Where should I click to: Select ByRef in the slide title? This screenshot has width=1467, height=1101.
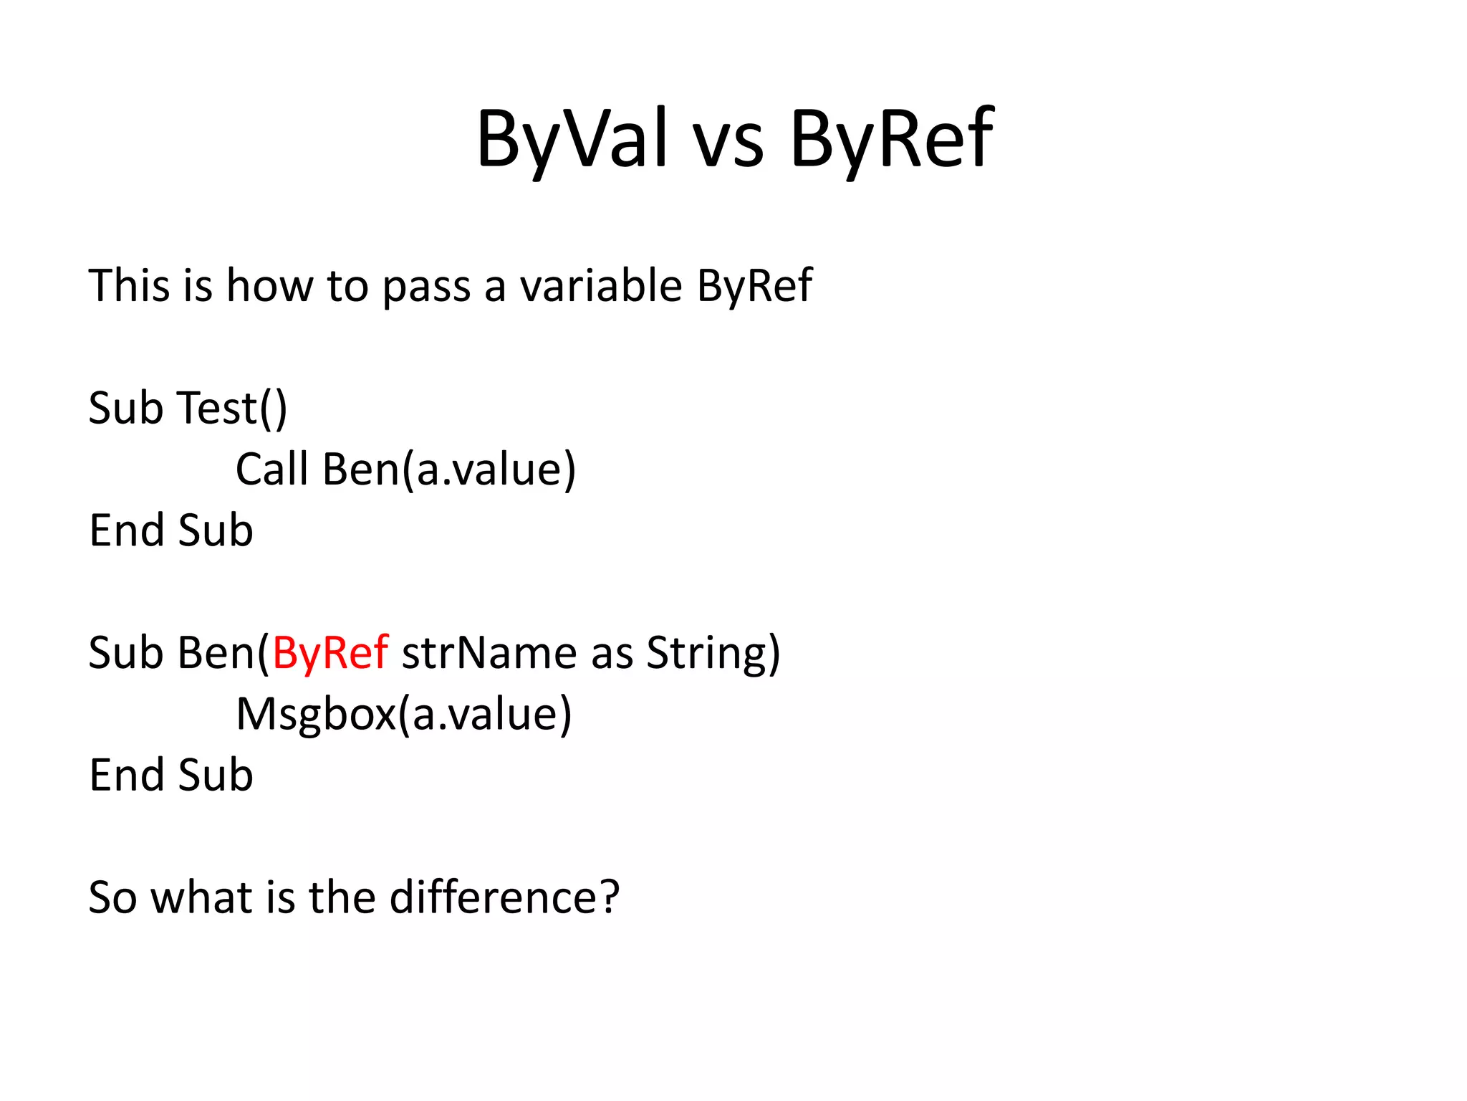pyautogui.click(x=891, y=139)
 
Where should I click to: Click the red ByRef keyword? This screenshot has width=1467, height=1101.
pyautogui.click(x=330, y=653)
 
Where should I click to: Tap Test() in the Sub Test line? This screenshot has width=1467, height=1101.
pyautogui.click(x=231, y=408)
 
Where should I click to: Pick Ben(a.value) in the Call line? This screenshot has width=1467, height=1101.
pyautogui.click(x=449, y=470)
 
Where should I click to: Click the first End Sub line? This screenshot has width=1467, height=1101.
pyautogui.click(x=170, y=530)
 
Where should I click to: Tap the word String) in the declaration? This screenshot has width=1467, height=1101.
pyautogui.click(x=713, y=653)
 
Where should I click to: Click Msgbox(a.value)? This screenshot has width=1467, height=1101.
pyautogui.click(x=404, y=715)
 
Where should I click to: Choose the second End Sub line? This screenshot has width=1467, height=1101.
pyautogui.click(x=170, y=776)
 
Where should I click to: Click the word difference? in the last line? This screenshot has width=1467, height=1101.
pyautogui.click(x=504, y=897)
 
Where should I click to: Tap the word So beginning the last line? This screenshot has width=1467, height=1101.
pyautogui.click(x=112, y=897)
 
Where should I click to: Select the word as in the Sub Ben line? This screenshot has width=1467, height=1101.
pyautogui.click(x=612, y=654)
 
